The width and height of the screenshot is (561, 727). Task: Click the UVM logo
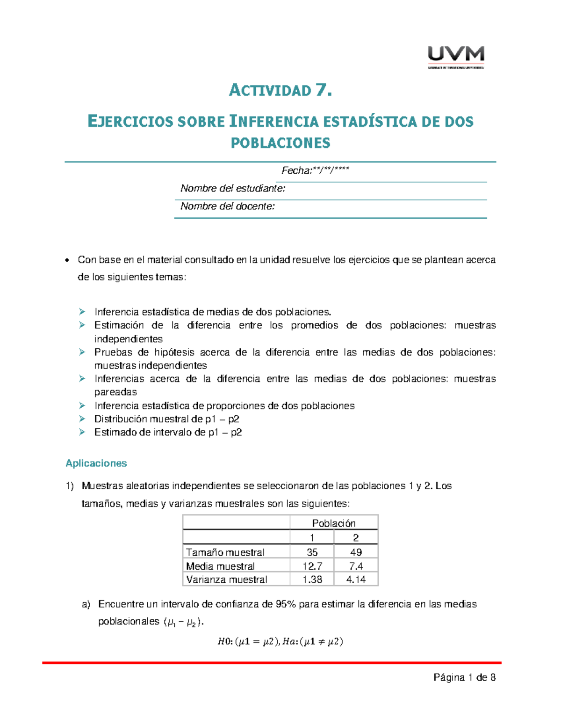pos(456,57)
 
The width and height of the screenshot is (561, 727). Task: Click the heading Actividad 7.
pos(280,90)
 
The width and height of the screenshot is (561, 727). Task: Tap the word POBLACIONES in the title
pos(280,143)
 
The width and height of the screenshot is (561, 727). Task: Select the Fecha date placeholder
pos(315,171)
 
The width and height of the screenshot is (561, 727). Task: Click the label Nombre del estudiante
pos(233,189)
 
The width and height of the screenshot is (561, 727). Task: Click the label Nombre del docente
pos(228,206)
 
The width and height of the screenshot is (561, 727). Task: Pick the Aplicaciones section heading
pos(96,463)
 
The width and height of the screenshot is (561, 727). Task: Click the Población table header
pos(334,523)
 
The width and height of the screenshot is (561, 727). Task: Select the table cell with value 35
pos(312,552)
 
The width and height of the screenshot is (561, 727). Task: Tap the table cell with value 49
pos(356,552)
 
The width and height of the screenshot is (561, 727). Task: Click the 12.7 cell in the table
pos(312,566)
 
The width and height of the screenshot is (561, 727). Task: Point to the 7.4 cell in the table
pos(356,566)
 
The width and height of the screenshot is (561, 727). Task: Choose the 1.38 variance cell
pos(312,580)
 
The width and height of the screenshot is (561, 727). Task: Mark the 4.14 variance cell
pos(356,580)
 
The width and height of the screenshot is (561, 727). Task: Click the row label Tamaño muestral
pos(225,552)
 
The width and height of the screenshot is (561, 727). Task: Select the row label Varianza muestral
pos(227,580)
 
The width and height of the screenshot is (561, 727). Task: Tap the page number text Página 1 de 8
pos(464,677)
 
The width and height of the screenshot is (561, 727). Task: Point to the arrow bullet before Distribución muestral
pos(82,419)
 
